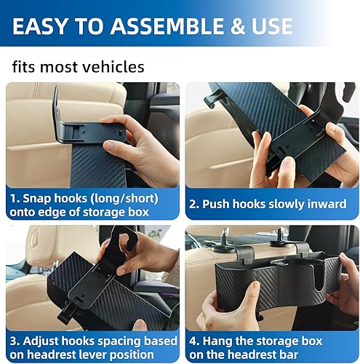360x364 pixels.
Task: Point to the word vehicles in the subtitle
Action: coord(112,67)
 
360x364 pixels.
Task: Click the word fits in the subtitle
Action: coord(26,67)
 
